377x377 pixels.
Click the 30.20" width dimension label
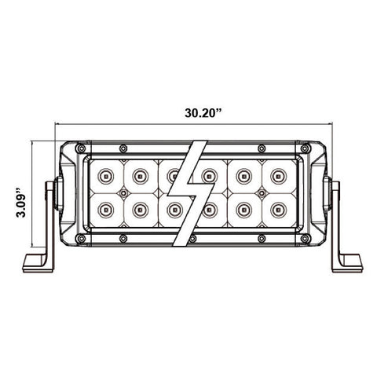point(203,113)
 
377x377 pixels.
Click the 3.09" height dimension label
point(22,202)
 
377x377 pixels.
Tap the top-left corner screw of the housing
point(82,148)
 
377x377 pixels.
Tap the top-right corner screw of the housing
point(304,148)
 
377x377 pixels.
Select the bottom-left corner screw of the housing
point(82,239)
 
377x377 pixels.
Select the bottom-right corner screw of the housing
point(304,239)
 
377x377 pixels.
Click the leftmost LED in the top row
point(106,176)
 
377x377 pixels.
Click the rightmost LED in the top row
point(278,176)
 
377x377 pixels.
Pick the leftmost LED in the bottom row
point(106,210)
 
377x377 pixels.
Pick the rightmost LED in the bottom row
point(278,210)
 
